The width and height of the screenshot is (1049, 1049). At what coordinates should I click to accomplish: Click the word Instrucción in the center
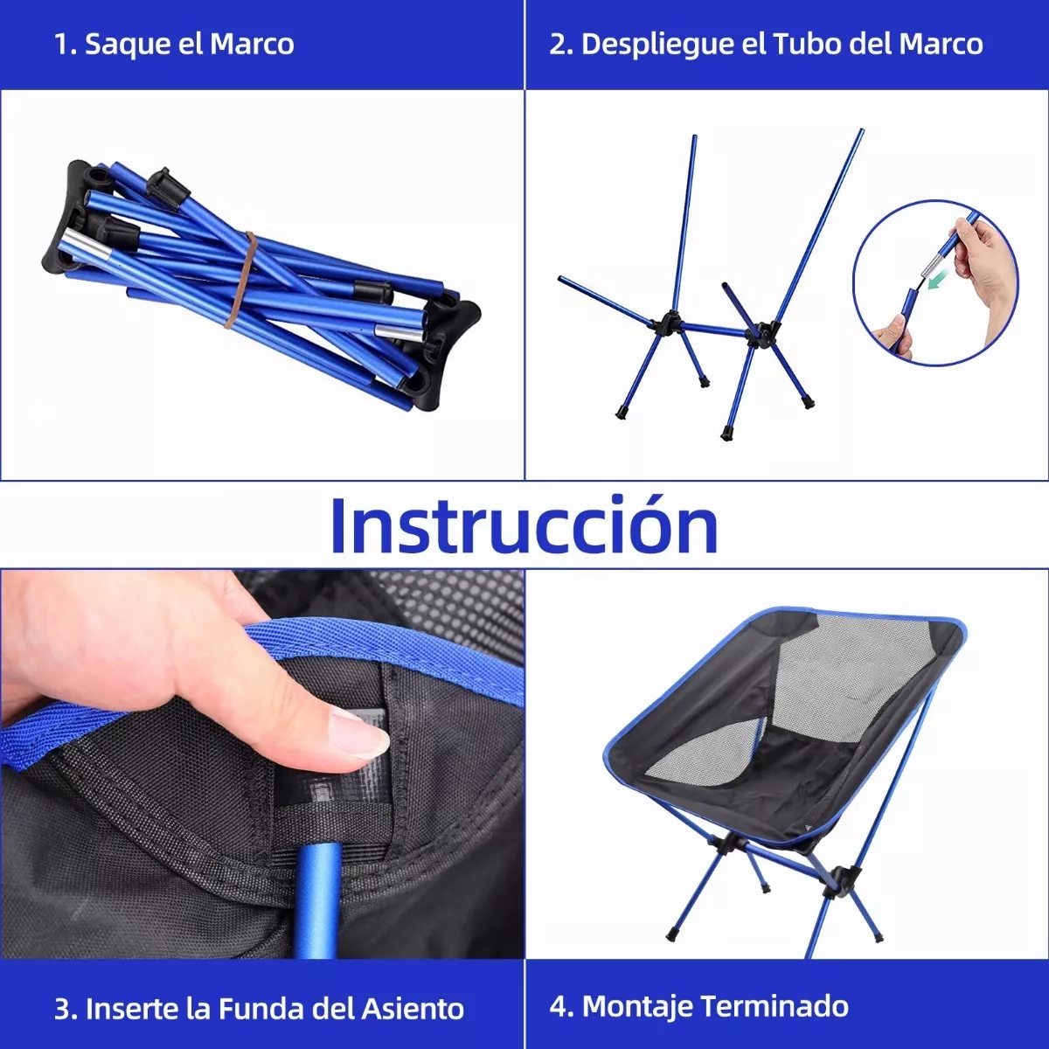(x=524, y=524)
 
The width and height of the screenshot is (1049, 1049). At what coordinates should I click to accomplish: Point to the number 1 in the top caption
(x=61, y=45)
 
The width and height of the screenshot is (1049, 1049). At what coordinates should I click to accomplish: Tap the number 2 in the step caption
(x=558, y=45)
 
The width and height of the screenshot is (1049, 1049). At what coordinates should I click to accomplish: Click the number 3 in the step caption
(x=62, y=1008)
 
